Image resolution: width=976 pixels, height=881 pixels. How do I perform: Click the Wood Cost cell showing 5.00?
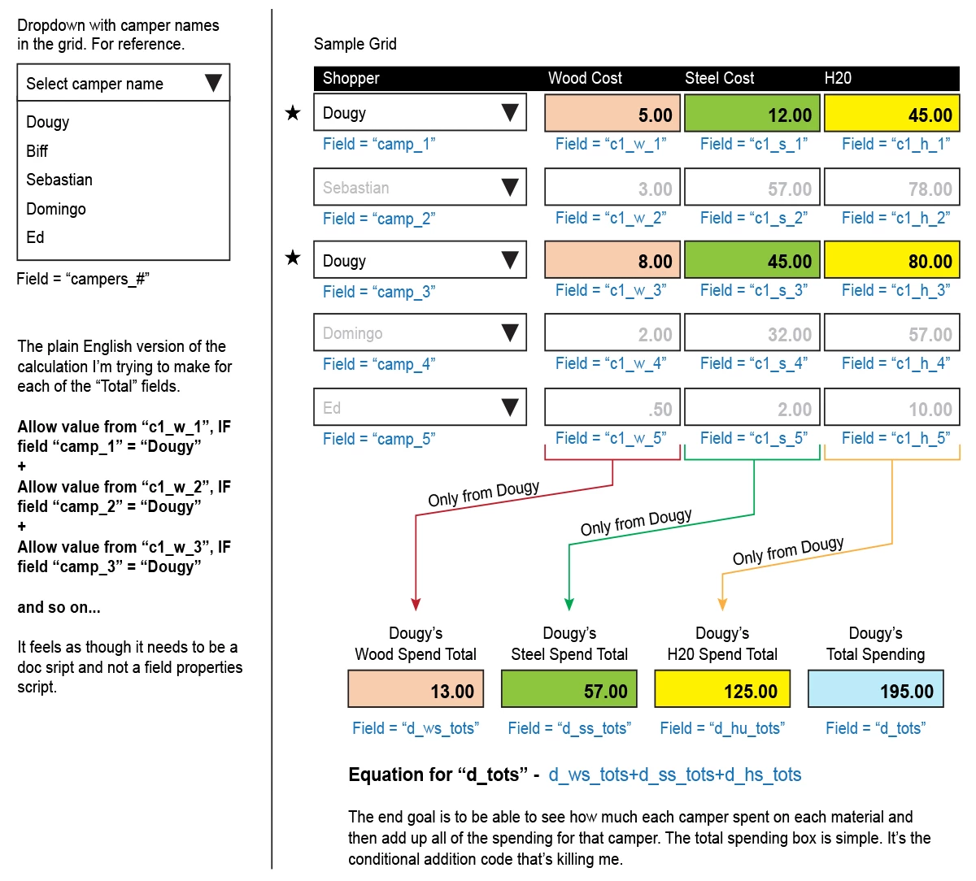point(612,114)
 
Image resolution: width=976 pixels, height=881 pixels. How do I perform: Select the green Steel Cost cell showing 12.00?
point(753,114)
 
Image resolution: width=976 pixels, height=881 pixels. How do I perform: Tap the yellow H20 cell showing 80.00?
point(891,260)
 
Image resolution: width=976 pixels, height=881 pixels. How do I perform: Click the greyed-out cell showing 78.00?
point(891,188)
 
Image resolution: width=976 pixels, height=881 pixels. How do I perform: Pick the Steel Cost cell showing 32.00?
point(753,333)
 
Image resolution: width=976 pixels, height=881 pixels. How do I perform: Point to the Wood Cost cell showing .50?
point(612,408)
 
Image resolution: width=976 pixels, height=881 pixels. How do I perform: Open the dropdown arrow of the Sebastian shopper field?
point(510,188)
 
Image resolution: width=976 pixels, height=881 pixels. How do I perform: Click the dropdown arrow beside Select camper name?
point(213,83)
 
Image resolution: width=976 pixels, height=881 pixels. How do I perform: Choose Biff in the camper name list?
point(37,151)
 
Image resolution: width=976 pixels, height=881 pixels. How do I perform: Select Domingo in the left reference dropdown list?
point(56,209)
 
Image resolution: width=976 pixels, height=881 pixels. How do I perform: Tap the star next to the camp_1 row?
point(293,113)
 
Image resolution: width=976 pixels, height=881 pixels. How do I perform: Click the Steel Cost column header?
point(719,78)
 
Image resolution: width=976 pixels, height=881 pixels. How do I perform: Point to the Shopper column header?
point(351,78)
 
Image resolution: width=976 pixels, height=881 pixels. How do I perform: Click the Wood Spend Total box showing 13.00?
point(416,690)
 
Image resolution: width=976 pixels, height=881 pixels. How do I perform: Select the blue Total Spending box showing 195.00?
point(875,690)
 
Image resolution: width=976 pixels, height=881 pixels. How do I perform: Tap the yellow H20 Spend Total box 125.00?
point(722,690)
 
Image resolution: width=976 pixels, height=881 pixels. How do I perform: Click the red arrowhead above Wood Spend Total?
point(416,604)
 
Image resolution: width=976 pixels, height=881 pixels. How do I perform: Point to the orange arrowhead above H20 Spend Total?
point(722,604)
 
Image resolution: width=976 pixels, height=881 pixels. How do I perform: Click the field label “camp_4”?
point(379,364)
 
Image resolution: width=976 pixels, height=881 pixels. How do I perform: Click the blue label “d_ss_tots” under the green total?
point(569,728)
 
